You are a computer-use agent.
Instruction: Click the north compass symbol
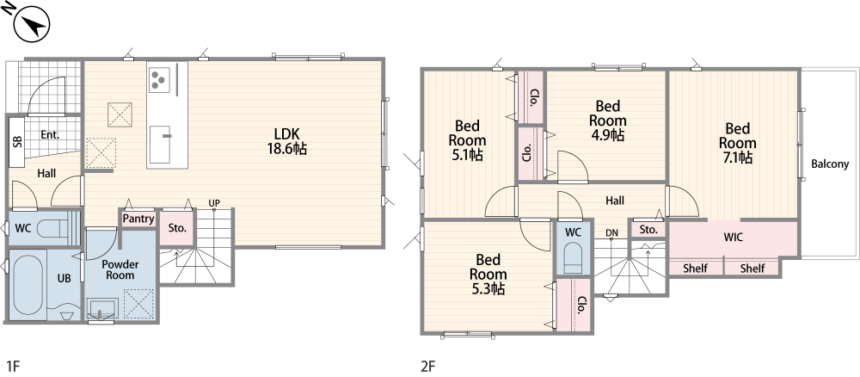click(x=31, y=23)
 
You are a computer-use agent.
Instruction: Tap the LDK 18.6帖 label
click(x=287, y=141)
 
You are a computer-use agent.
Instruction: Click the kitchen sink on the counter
click(x=162, y=144)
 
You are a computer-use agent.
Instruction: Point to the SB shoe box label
click(x=17, y=141)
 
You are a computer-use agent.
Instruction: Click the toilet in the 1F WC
click(x=53, y=227)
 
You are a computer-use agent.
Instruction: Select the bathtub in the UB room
click(x=28, y=281)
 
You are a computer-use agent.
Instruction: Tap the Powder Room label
click(x=120, y=269)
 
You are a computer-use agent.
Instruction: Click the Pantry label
click(x=138, y=219)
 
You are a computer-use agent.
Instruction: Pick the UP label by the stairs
click(x=214, y=203)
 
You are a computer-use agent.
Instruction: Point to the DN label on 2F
click(x=611, y=233)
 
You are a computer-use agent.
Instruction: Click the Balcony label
click(x=830, y=164)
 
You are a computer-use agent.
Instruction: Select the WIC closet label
click(x=734, y=238)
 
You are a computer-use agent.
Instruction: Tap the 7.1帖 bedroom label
click(x=737, y=143)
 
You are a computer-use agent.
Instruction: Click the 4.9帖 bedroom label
click(x=608, y=121)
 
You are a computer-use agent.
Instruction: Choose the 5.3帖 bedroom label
click(x=488, y=274)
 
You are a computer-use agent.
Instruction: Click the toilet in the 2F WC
click(x=573, y=258)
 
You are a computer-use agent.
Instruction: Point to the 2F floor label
click(x=427, y=366)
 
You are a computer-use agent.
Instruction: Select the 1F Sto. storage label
click(x=177, y=228)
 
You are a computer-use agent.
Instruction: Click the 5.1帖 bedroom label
click(x=467, y=140)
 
